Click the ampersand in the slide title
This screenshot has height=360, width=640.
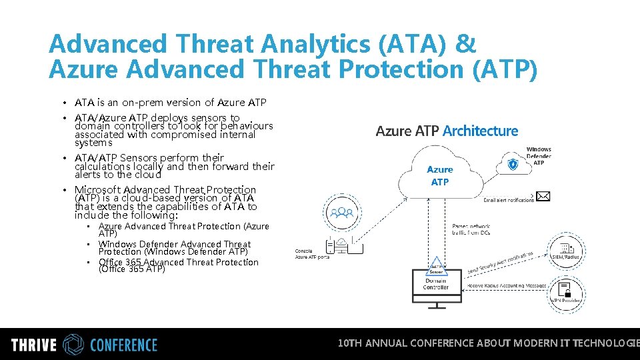[465, 45]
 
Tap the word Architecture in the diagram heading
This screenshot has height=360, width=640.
[480, 131]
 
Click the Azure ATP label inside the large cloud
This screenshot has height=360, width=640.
[440, 176]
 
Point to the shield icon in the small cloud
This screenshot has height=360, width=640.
[513, 164]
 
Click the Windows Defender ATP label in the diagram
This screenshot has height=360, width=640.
[539, 156]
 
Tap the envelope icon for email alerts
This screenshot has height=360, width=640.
[543, 196]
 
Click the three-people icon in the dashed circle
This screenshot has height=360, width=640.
[344, 213]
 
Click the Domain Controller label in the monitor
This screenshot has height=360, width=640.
[436, 284]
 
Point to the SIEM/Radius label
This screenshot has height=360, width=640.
[565, 257]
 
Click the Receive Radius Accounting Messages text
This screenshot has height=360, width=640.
[507, 285]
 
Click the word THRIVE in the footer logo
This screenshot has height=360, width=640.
[34, 345]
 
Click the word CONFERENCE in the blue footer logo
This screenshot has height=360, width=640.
[123, 345]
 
